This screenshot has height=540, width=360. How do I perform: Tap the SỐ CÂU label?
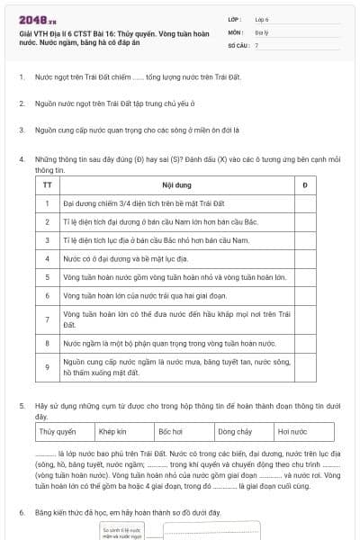(x=237, y=44)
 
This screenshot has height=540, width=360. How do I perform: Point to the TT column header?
(x=47, y=184)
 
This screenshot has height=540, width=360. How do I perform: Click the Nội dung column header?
(x=173, y=184)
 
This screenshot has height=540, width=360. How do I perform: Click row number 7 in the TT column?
(x=47, y=319)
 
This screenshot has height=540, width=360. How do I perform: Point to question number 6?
(x=22, y=512)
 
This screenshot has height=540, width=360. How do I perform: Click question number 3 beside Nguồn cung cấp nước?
(x=22, y=130)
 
